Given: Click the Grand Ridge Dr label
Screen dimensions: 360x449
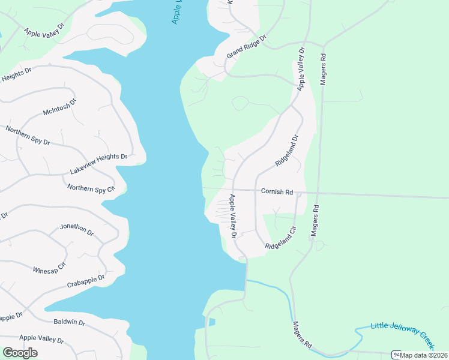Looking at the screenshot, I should coord(246,46).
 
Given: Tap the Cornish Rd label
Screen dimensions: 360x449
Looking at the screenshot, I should coord(277,192).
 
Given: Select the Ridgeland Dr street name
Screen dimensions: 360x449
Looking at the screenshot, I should coord(286,151).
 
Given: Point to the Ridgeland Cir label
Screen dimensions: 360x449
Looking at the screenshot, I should coord(281,238).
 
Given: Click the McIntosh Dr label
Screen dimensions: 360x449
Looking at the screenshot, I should coord(60,107).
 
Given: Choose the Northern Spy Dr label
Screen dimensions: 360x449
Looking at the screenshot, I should coord(28,136).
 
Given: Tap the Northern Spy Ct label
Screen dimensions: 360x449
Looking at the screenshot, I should coord(91,188).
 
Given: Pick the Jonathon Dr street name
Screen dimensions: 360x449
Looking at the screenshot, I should coord(77,229).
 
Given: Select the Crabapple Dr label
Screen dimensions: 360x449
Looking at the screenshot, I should coord(86,281).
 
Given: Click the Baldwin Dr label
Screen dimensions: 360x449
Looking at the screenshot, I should coord(70,322).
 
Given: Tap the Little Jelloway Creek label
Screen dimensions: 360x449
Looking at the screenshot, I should coord(402,334).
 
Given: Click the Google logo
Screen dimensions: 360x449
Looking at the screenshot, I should coord(20,352).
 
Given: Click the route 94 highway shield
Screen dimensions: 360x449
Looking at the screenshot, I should coord(396,355).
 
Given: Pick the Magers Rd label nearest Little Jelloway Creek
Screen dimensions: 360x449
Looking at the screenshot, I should coord(303,335).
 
